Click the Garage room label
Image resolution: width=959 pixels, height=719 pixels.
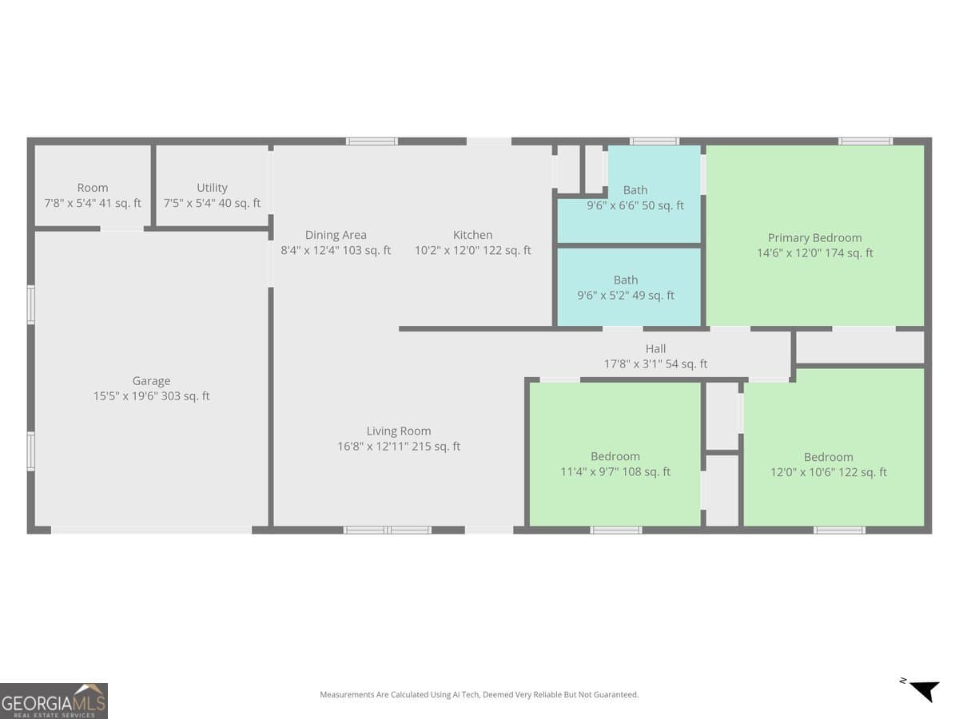(151, 381)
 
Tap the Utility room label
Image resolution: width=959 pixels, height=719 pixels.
(212, 188)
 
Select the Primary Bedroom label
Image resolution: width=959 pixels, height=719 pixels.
(814, 237)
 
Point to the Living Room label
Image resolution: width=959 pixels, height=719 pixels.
(399, 431)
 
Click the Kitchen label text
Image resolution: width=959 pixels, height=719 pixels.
(472, 235)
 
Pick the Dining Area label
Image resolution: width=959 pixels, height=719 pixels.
(336, 235)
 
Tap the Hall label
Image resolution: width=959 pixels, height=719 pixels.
(655, 348)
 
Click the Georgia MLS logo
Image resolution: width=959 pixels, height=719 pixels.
(54, 701)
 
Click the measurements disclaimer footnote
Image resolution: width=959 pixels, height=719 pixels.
(479, 695)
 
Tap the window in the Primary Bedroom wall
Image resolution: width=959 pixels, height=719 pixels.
(865, 141)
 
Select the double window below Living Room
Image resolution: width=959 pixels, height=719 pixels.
(388, 530)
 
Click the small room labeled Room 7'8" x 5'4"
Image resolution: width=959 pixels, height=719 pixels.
(93, 195)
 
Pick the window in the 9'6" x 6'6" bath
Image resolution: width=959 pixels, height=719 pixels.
(654, 141)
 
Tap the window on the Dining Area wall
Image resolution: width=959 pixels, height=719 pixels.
(372, 141)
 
